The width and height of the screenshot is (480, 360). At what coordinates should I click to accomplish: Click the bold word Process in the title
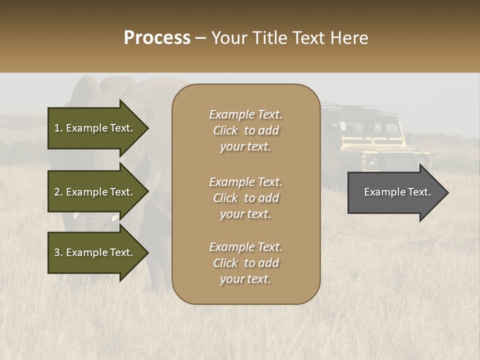coord(157,38)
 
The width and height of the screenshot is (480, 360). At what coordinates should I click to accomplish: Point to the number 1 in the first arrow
coord(57,128)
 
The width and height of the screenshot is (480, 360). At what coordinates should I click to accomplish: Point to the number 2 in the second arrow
coord(57,192)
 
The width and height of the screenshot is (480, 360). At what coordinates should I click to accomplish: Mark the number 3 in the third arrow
coord(57,252)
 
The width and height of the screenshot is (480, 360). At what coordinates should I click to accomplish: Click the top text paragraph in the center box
coord(245,130)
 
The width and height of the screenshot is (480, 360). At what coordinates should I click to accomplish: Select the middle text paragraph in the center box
coord(245,198)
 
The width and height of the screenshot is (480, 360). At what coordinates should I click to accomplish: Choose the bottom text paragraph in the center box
coord(245,263)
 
